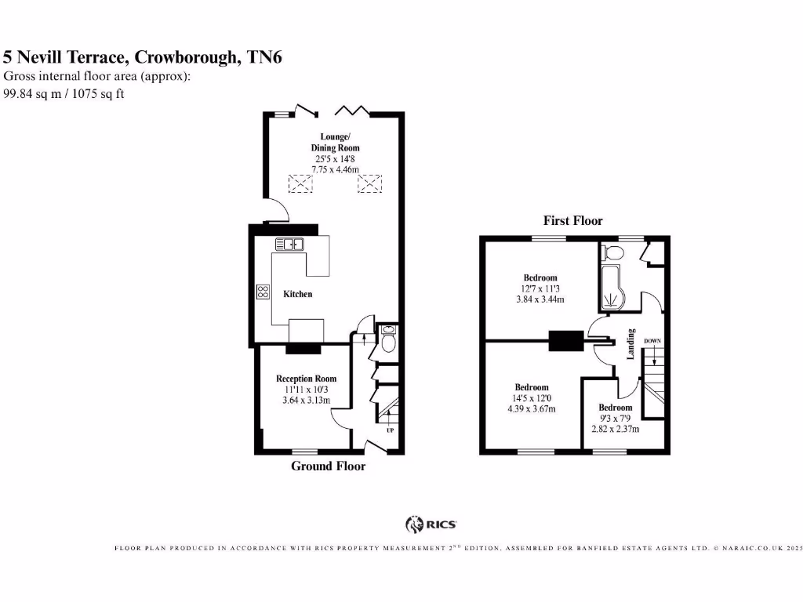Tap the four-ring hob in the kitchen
pyautogui.click(x=262, y=292)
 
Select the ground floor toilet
pyautogui.click(x=387, y=342)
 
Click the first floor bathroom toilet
pyautogui.click(x=614, y=252)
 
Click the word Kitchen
pyautogui.click(x=297, y=294)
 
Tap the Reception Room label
pyautogui.click(x=306, y=379)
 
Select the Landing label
pyautogui.click(x=631, y=344)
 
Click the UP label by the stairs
pyautogui.click(x=390, y=430)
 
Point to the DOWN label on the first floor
pyautogui.click(x=652, y=341)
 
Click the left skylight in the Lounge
pyautogui.click(x=300, y=184)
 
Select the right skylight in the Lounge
pyautogui.click(x=368, y=184)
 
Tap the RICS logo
pyautogui.click(x=431, y=524)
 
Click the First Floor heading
pyautogui.click(x=572, y=221)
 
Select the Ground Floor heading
pyautogui.click(x=328, y=466)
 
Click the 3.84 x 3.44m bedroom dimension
pyautogui.click(x=540, y=299)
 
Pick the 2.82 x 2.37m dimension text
pyautogui.click(x=615, y=429)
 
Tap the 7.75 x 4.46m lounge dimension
pyautogui.click(x=335, y=169)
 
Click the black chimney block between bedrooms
pyautogui.click(x=565, y=341)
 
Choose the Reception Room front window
pyautogui.click(x=305, y=451)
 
